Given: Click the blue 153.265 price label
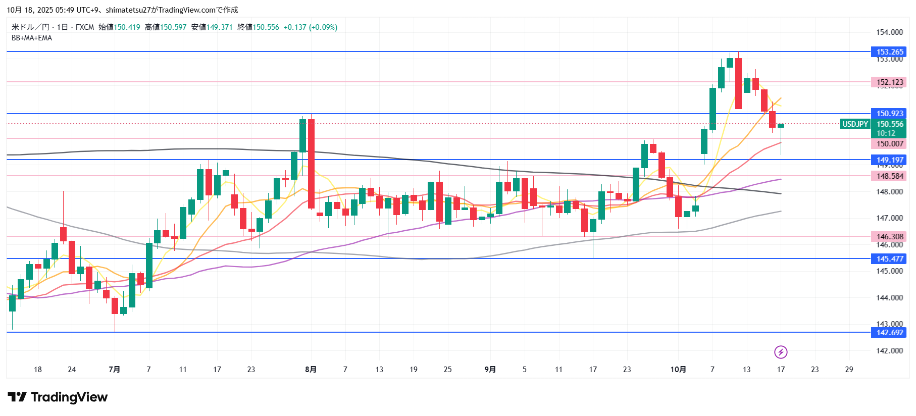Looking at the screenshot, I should [889, 52].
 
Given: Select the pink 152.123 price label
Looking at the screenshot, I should [889, 82].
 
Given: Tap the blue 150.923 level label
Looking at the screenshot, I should [889, 114].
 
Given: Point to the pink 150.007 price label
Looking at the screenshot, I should [889, 144].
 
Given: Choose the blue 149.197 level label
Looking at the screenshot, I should [889, 160].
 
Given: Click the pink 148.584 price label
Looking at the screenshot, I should [889, 176].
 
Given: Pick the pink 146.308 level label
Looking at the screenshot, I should [889, 237].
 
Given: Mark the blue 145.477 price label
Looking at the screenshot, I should [889, 259].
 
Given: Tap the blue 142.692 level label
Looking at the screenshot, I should [889, 333].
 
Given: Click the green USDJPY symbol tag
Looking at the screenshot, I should [855, 124].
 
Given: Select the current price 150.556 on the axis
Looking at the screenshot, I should [889, 124].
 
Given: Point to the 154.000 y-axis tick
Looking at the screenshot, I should [889, 32].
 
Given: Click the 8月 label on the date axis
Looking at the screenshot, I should [311, 370].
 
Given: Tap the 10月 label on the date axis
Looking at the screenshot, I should [678, 370].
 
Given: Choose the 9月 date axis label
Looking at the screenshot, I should [490, 370].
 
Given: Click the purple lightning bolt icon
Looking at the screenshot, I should [781, 352].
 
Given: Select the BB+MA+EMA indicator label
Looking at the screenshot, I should [32, 38].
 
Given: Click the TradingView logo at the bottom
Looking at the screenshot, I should [58, 397].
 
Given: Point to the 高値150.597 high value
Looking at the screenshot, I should [166, 27].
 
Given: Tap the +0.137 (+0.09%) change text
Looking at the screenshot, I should [311, 27].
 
